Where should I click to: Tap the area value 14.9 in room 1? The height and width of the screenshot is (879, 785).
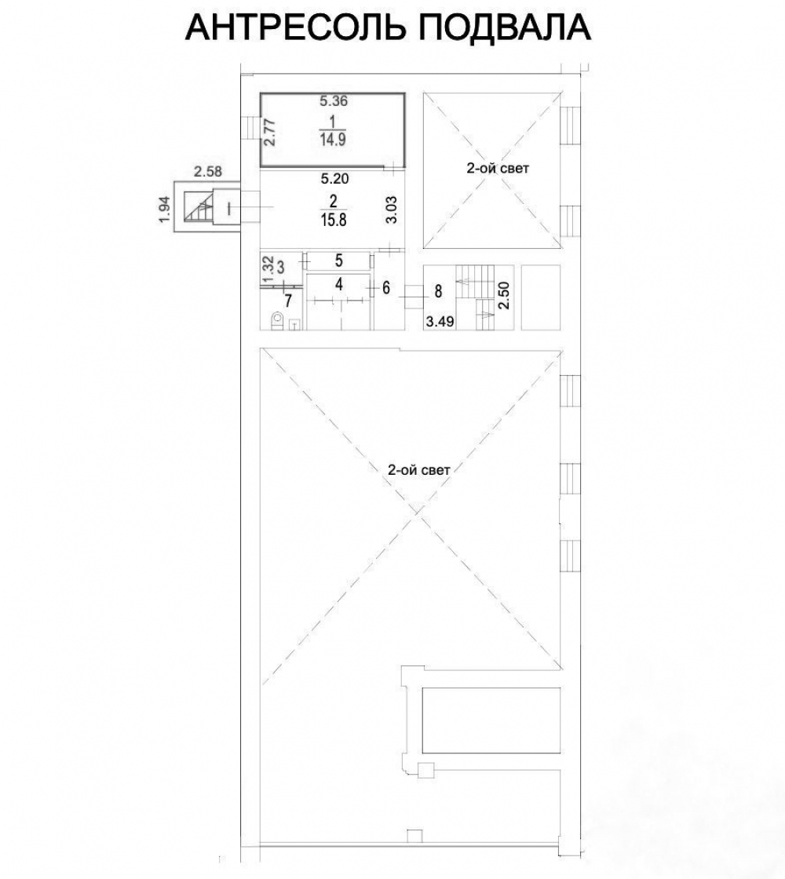[x=333, y=140]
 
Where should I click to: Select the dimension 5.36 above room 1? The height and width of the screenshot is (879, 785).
[x=334, y=101]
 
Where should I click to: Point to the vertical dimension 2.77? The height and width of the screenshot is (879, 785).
[x=270, y=133]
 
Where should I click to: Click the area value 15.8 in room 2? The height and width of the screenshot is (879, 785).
[x=334, y=219]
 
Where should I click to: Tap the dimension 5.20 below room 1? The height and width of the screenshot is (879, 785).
[x=334, y=179]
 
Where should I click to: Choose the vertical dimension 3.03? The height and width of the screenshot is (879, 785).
[x=392, y=210]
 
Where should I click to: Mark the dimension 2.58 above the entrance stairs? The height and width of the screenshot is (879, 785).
[x=208, y=172]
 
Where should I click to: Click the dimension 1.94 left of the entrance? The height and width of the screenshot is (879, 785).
[x=165, y=209]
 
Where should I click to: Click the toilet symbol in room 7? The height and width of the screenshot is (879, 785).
[x=277, y=321]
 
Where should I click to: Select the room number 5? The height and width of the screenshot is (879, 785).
[x=338, y=260]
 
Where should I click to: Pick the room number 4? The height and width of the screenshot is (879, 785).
[x=338, y=285]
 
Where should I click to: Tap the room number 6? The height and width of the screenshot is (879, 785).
[x=386, y=287]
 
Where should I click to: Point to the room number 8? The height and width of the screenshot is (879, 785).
[x=439, y=291]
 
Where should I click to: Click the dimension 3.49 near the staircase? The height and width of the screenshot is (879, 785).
[x=440, y=322]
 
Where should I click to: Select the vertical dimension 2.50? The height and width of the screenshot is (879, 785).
[x=504, y=295]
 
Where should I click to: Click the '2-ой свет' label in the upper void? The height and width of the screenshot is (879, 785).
[x=498, y=168]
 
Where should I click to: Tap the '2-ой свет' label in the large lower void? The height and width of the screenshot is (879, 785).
[x=419, y=470]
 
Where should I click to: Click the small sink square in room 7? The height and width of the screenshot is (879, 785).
[x=296, y=324]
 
